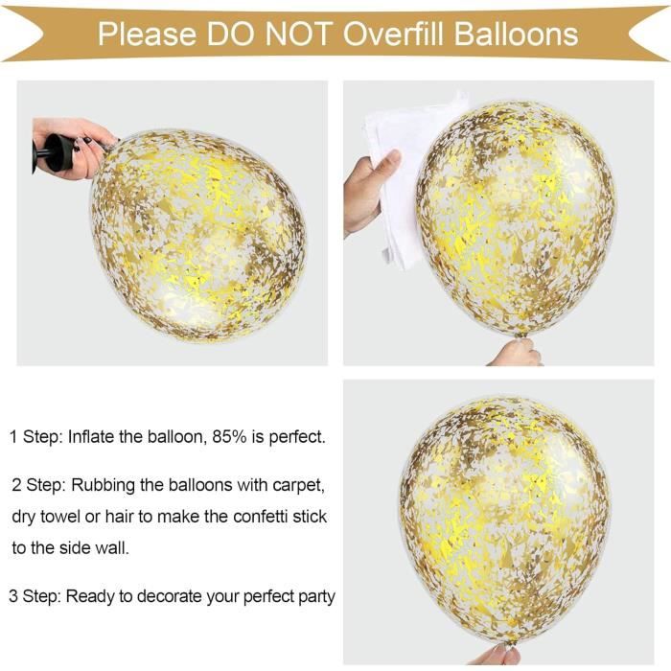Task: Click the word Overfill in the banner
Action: pos(394,34)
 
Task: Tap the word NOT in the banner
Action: pos(299,34)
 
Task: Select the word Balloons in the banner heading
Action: pos(516,34)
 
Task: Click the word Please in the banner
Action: pos(148,35)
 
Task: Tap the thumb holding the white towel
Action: pos(386,163)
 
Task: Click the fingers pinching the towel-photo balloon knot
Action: pos(516,353)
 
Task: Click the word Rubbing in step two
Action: pos(103,486)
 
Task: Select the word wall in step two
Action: pos(115,547)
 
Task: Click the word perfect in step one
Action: pos(297,438)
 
